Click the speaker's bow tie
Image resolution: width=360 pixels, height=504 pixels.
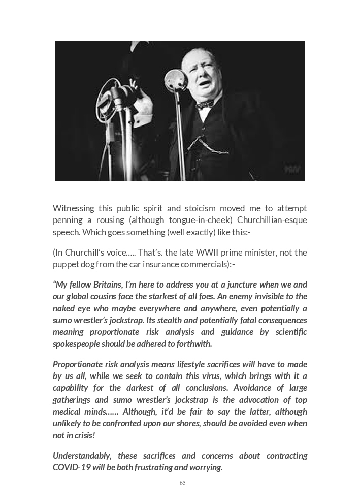[205, 104]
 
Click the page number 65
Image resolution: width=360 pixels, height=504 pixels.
[182, 483]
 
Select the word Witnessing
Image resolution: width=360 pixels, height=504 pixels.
[75, 208]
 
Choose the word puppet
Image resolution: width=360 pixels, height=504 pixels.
[66, 264]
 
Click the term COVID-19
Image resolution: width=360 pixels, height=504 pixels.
[72, 467]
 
